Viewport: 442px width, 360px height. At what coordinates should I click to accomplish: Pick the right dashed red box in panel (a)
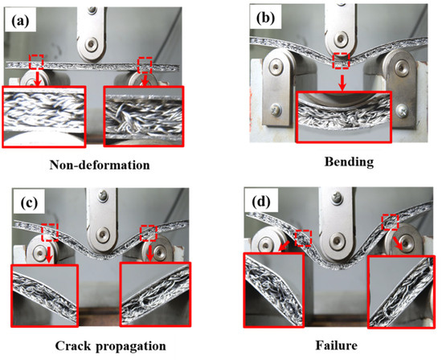click(x=145, y=63)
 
